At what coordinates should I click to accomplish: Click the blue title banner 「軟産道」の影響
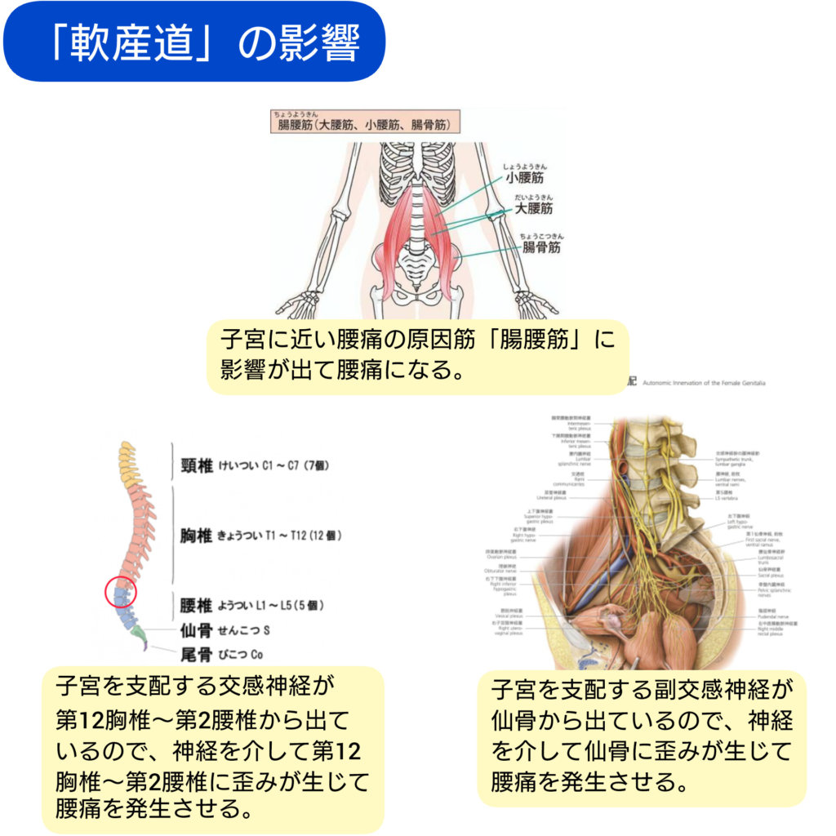click(x=193, y=42)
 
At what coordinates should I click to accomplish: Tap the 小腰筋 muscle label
click(x=523, y=176)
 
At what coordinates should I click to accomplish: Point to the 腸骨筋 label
click(x=541, y=247)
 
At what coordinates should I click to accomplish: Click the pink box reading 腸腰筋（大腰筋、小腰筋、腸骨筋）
click(x=364, y=125)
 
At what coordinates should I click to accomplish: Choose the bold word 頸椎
click(x=197, y=466)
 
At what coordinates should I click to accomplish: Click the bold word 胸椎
click(x=197, y=536)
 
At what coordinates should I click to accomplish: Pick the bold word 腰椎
click(x=197, y=606)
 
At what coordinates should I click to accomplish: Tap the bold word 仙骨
click(x=197, y=630)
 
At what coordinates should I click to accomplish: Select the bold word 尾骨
click(x=197, y=653)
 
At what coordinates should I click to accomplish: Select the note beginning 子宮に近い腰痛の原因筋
click(x=417, y=354)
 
